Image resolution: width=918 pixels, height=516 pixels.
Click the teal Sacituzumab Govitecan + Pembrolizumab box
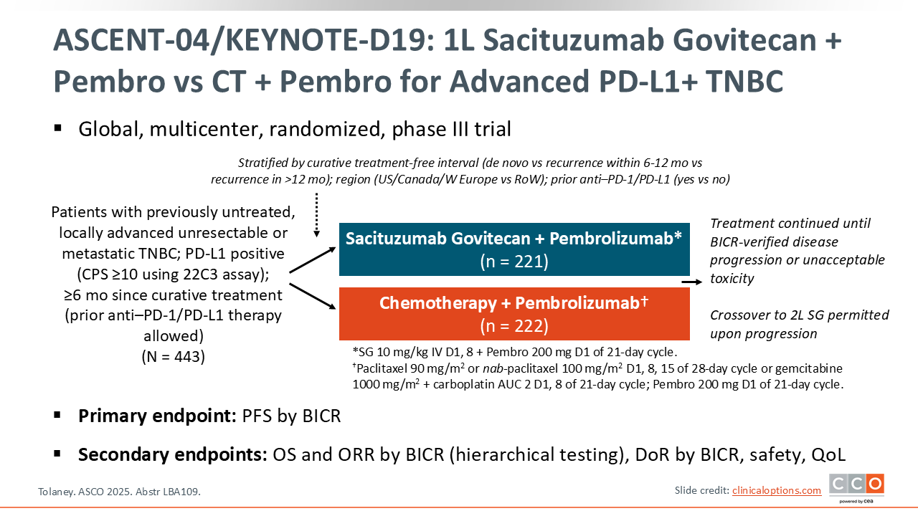click(514, 249)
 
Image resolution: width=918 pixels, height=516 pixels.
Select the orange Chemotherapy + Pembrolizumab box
click(514, 314)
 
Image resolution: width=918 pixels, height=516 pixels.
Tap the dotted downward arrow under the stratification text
click(316, 215)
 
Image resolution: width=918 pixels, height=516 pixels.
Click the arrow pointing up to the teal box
click(313, 260)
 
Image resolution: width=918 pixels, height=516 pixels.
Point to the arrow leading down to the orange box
click(313, 296)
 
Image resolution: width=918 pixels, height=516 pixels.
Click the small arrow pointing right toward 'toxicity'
click(692, 282)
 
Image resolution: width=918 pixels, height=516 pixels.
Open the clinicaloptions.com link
click(777, 490)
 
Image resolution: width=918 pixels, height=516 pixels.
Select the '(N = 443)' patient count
click(174, 356)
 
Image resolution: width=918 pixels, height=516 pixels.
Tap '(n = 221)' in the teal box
click(514, 262)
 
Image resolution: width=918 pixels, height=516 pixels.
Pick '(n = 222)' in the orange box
click(514, 326)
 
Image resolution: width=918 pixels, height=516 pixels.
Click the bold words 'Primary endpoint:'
click(157, 416)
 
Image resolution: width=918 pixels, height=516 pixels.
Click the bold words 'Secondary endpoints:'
click(173, 454)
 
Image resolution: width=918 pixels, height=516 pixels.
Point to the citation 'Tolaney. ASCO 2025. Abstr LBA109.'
click(119, 492)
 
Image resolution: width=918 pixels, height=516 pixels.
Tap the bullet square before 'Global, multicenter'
click(57, 128)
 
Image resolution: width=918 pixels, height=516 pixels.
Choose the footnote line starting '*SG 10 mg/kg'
click(515, 352)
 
